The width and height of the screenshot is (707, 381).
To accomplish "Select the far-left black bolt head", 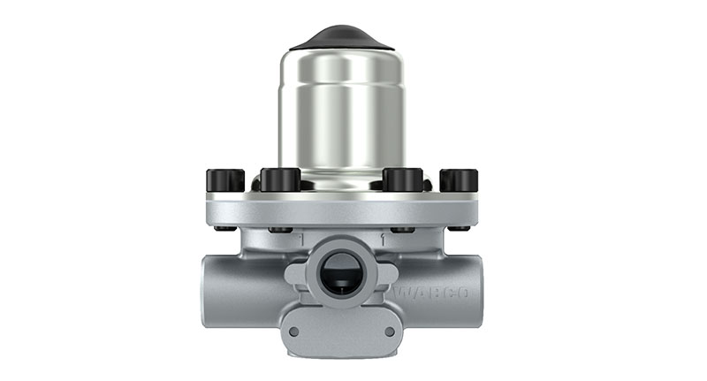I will coord(225,179).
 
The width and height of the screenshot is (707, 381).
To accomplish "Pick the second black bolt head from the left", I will coord(281,179).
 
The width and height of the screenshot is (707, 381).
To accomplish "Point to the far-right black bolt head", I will coord(459,179).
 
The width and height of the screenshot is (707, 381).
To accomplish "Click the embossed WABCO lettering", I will coord(431,293).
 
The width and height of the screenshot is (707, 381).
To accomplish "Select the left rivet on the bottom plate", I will coord(294,331).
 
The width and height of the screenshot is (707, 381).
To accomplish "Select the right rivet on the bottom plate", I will coord(389,331).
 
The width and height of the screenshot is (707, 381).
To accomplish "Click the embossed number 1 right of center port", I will coord(382,240).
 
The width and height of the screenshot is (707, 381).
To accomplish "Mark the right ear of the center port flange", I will coord(386,275).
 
